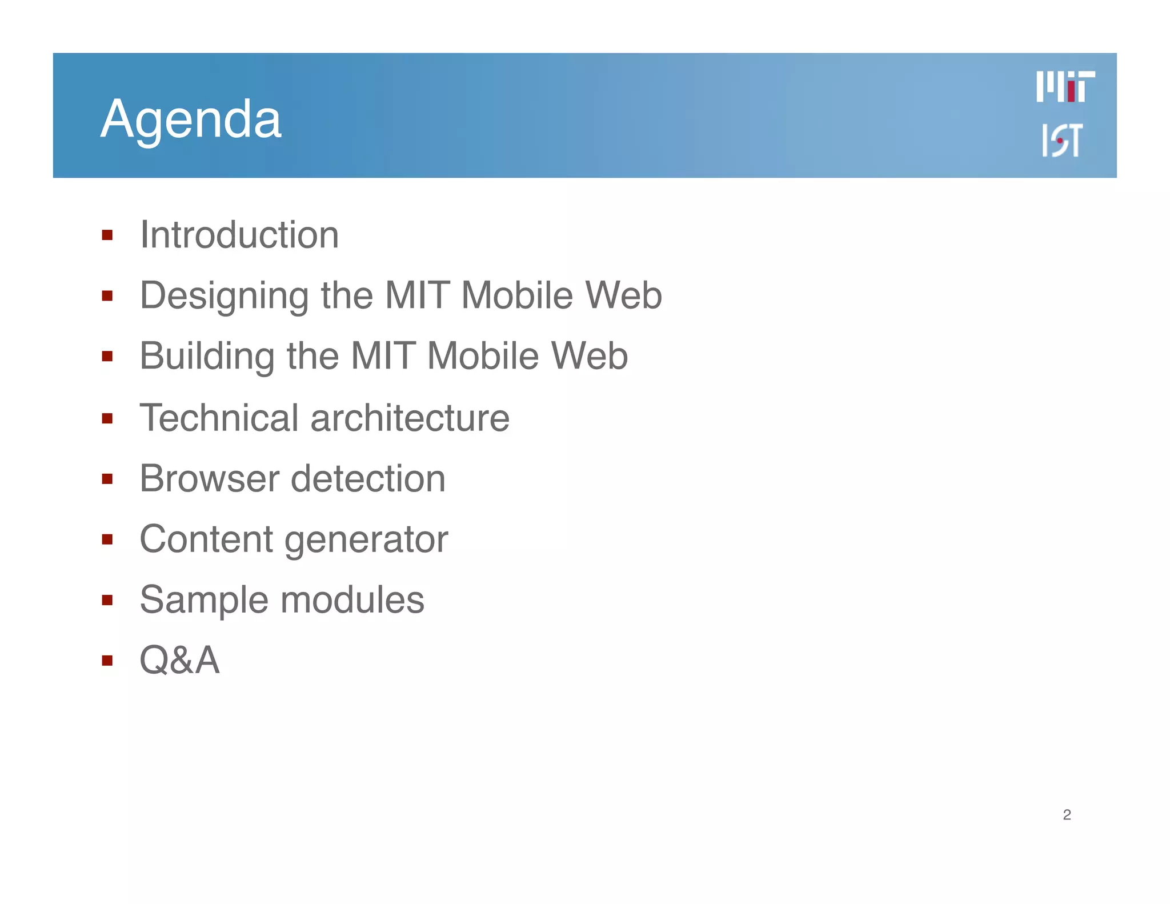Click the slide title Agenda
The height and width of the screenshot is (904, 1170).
191,119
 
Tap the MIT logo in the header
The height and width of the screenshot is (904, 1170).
1065,87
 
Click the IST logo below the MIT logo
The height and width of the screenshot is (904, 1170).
1062,140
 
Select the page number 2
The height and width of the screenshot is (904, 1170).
1067,815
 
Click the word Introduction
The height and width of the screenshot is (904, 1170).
239,235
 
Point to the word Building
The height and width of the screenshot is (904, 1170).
207,357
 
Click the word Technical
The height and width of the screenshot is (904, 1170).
219,418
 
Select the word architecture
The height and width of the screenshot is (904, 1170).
410,418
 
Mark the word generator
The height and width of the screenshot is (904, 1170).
366,540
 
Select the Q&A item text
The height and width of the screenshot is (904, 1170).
179,660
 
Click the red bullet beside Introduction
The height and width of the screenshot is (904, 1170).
107,235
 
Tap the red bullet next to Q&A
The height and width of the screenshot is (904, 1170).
107,661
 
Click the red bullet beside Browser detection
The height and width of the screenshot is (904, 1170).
107,478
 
